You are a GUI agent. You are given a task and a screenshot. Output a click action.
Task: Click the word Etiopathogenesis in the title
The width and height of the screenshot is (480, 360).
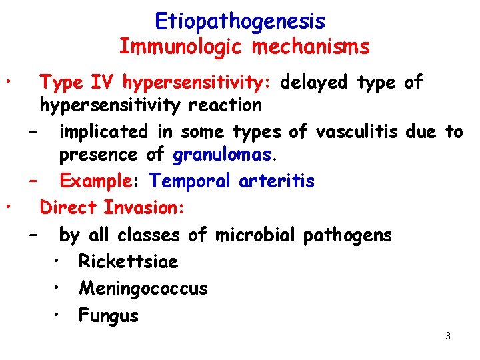[x=240, y=22]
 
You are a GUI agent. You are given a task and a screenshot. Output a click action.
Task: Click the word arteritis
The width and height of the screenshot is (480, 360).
[x=280, y=181]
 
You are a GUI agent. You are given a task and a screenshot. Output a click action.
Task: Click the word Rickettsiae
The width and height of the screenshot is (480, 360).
[x=128, y=261]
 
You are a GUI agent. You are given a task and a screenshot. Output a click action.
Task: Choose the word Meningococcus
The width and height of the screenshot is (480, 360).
[x=143, y=289]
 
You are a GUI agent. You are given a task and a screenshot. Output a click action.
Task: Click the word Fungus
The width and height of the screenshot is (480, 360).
[x=108, y=315]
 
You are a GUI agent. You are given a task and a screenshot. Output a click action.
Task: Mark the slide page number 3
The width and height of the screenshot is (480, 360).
[x=448, y=336]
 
